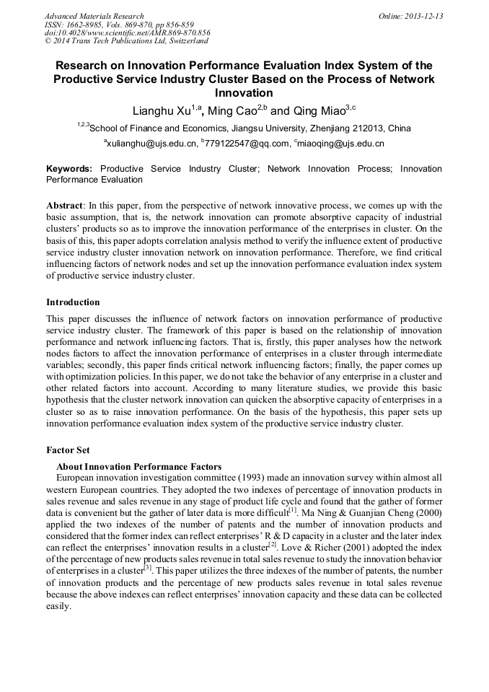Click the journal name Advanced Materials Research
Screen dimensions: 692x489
coord(94,16)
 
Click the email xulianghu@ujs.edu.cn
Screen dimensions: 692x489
coord(152,144)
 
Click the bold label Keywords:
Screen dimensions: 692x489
coord(69,169)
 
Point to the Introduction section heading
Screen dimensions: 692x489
coord(73,302)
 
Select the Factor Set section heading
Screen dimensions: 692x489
coord(68,450)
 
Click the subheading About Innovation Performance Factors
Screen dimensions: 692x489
coord(138,466)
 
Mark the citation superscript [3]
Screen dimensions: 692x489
coord(147,568)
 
